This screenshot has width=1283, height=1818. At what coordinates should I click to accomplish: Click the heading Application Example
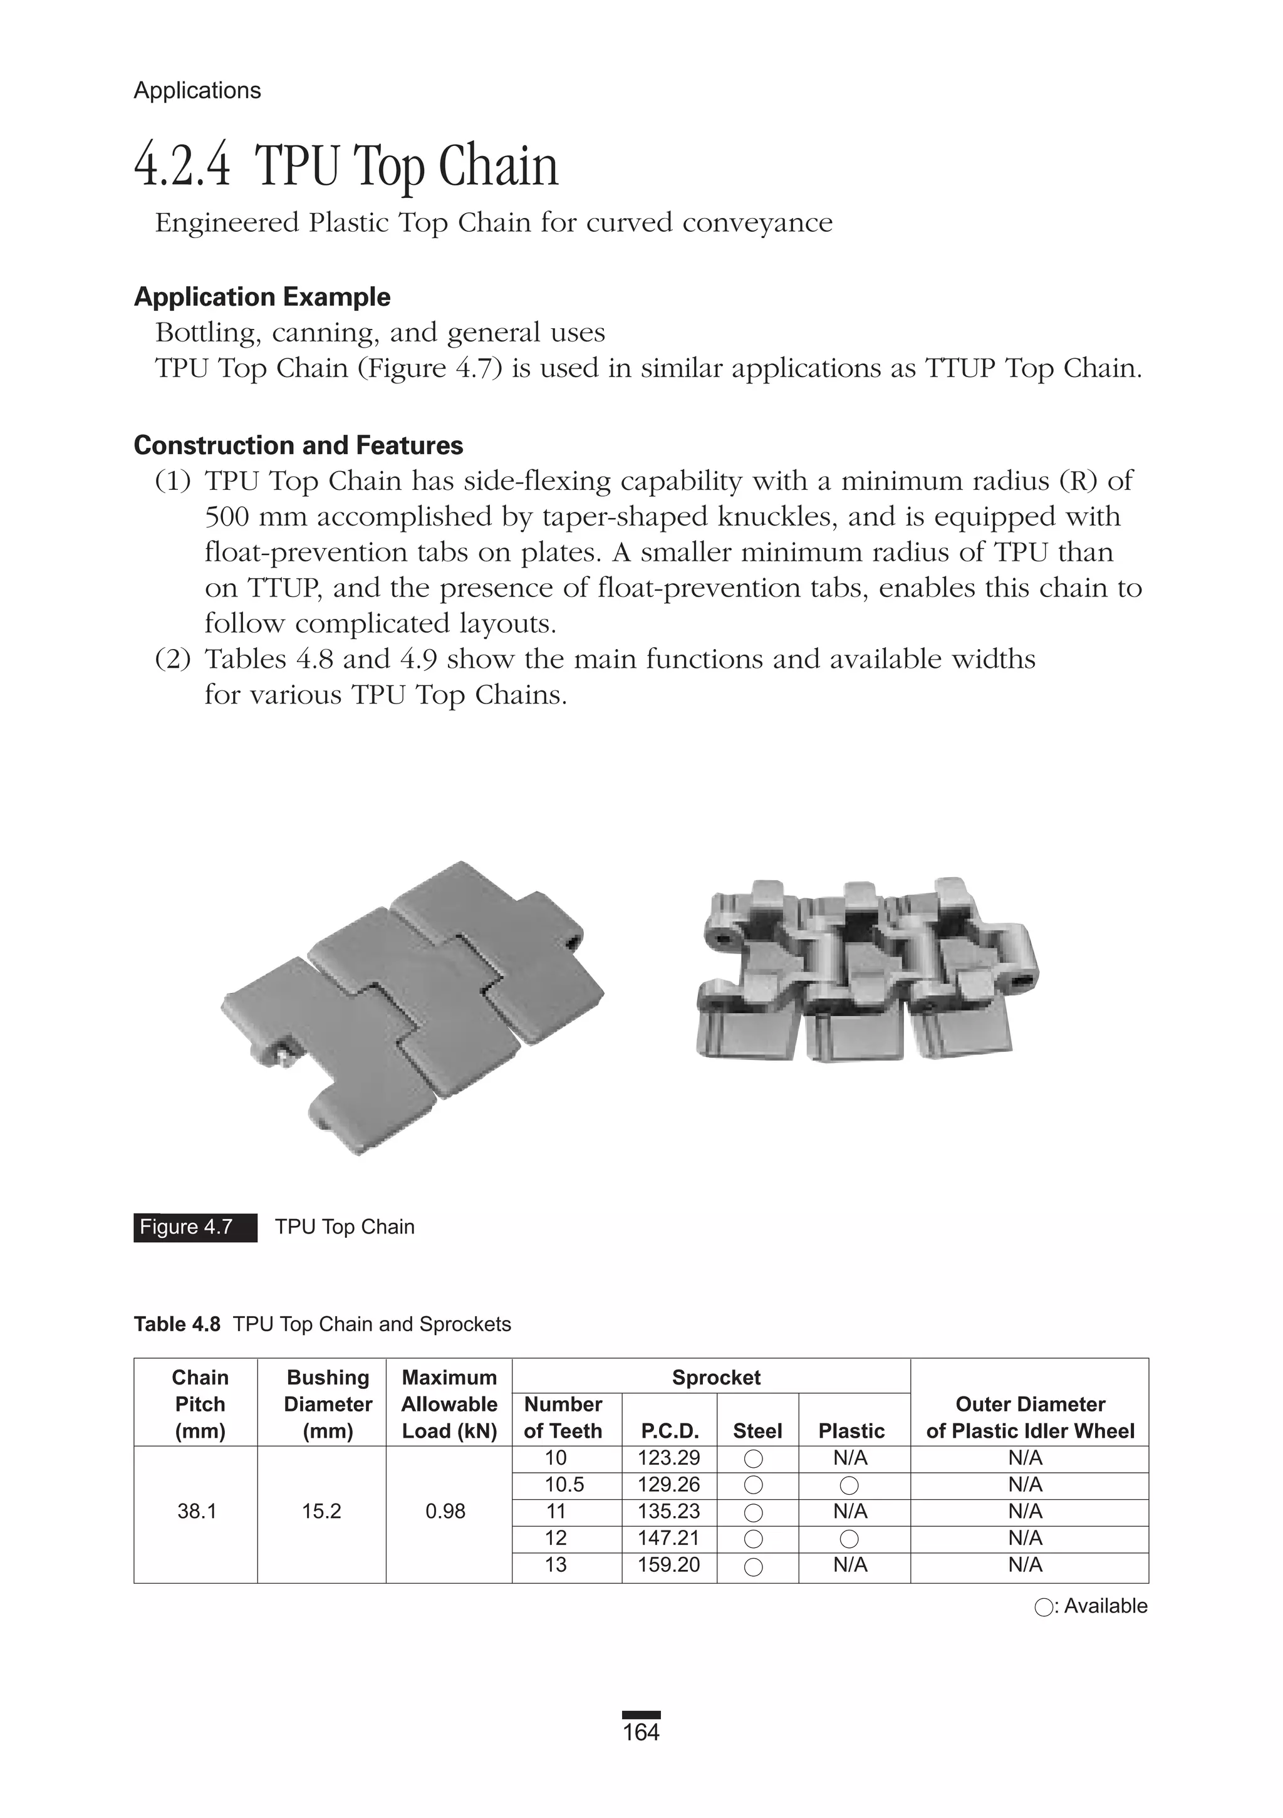[262, 297]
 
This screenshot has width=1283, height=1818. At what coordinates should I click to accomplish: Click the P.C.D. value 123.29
[668, 1458]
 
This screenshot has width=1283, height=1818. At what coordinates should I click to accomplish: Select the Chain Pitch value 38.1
[197, 1511]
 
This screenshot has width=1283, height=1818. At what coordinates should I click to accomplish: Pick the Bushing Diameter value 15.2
[321, 1511]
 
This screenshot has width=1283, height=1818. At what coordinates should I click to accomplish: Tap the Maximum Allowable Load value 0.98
[445, 1511]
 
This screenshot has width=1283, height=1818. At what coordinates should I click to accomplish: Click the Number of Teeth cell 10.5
[564, 1485]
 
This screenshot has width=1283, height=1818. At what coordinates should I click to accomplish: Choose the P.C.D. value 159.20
[668, 1565]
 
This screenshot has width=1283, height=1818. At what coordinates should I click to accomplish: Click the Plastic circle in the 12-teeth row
[849, 1539]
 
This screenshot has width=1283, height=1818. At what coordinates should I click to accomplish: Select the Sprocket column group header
[715, 1377]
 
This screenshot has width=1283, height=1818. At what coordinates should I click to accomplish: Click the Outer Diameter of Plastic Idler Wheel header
[1029, 1417]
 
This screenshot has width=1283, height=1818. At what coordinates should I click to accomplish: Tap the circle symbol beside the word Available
[1043, 1608]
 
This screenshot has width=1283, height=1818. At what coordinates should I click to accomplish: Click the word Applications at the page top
[197, 90]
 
